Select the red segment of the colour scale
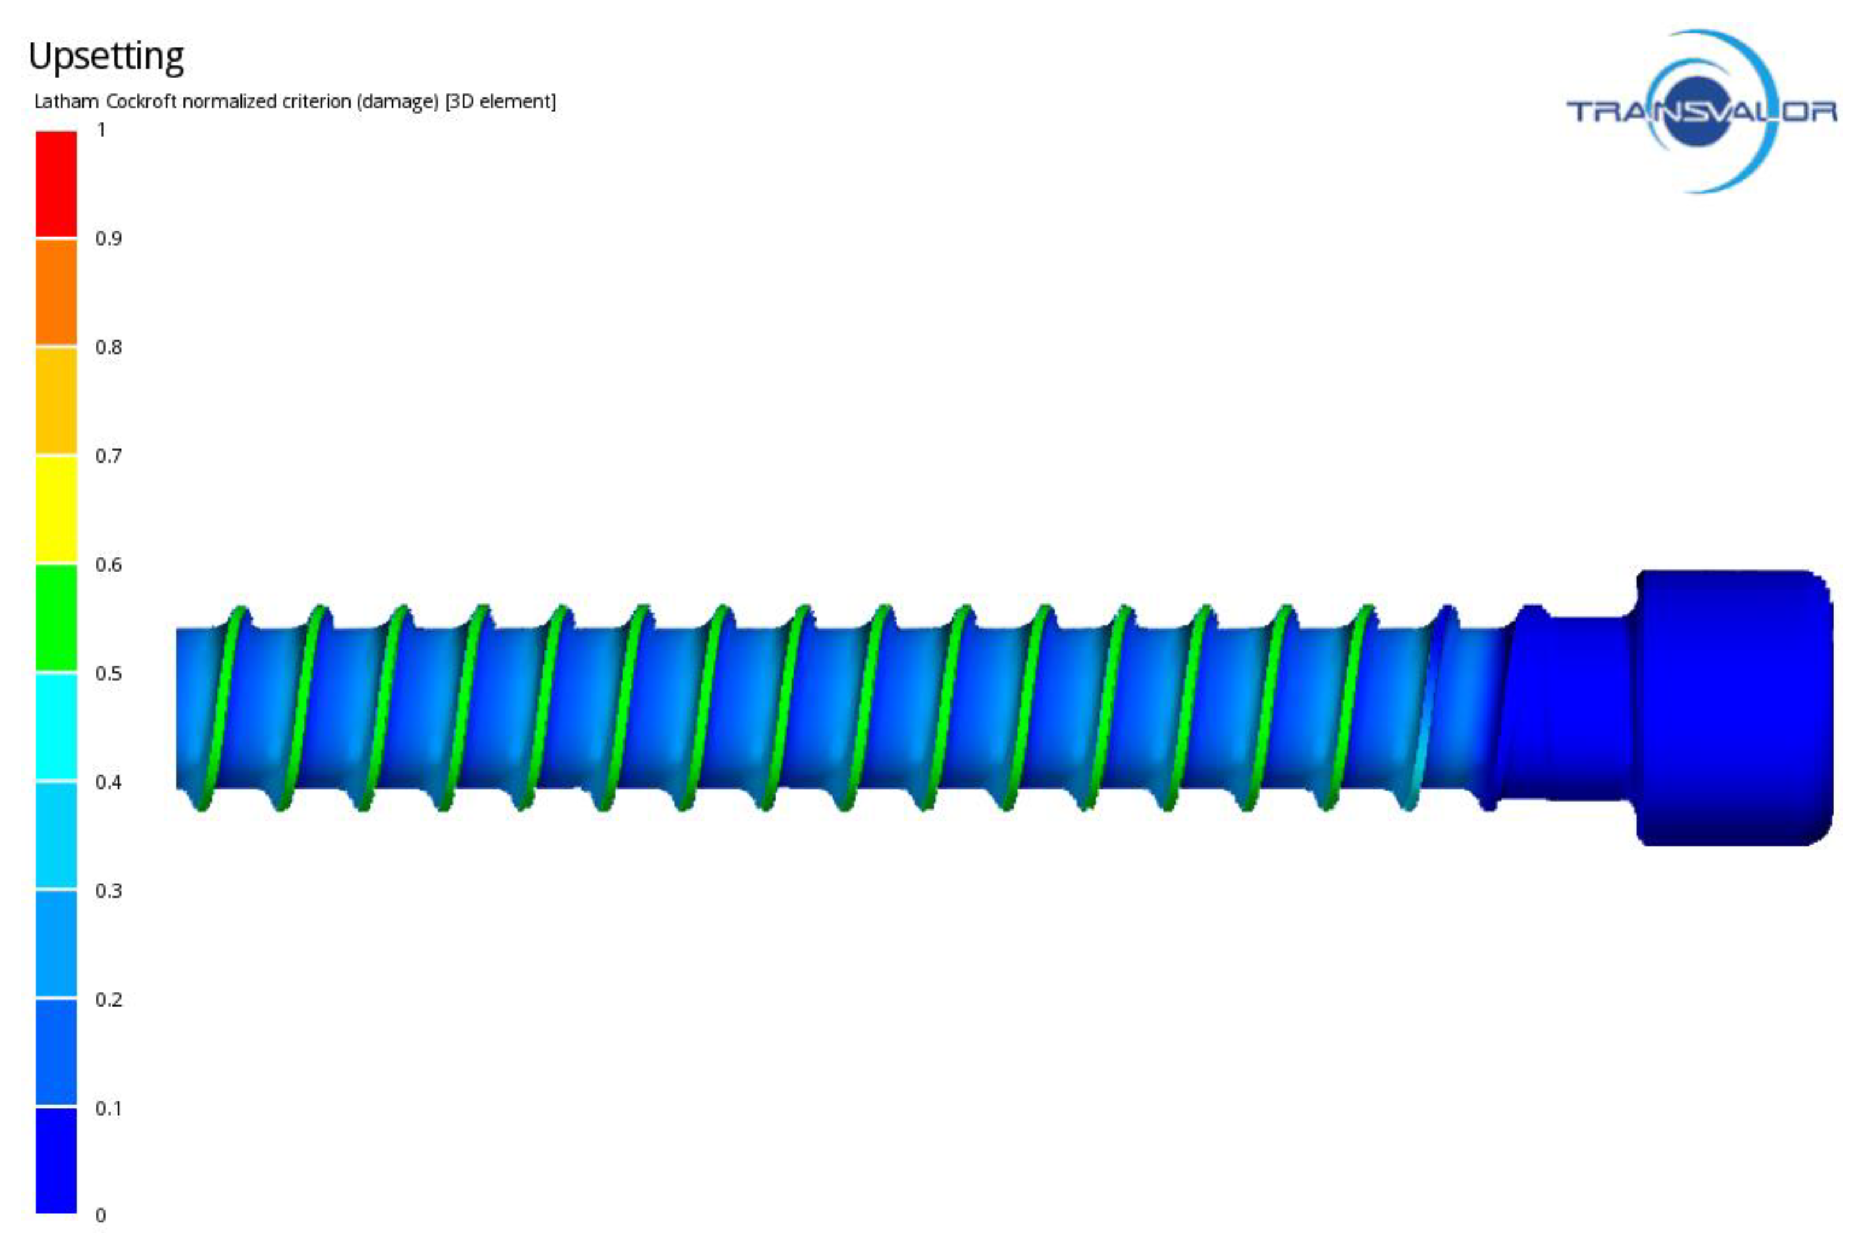[x=56, y=183]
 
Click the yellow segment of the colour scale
[x=56, y=509]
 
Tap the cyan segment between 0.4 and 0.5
[x=56, y=726]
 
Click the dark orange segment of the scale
[x=56, y=292]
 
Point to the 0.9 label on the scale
[x=108, y=239]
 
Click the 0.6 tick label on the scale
[x=108, y=565]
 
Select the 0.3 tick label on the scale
[x=108, y=891]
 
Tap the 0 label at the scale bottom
[x=101, y=1215]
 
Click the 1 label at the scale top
[x=101, y=130]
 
